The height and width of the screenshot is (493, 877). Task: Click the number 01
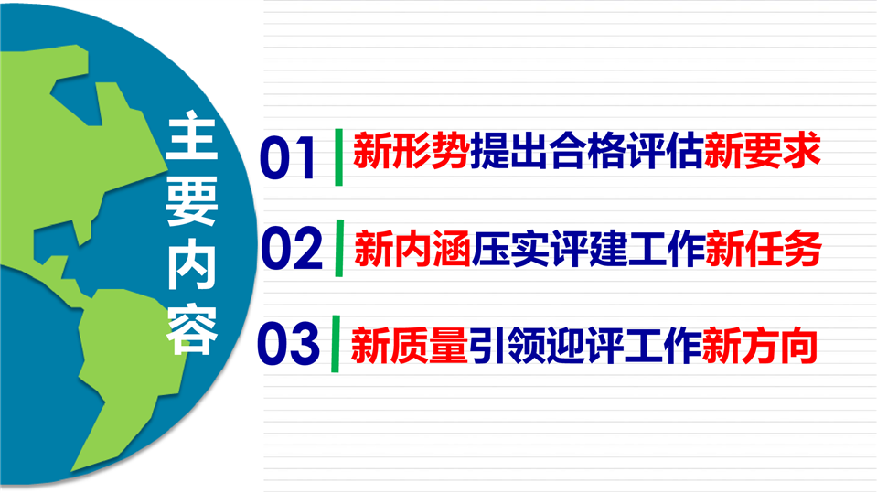click(x=286, y=158)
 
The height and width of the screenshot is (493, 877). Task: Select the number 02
click(x=292, y=249)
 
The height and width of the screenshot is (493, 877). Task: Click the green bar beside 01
click(x=338, y=156)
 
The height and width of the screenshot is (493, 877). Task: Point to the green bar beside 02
click(x=339, y=248)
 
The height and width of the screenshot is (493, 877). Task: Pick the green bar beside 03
click(x=336, y=344)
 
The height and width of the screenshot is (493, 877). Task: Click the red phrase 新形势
click(x=412, y=151)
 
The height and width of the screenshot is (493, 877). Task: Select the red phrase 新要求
click(x=763, y=150)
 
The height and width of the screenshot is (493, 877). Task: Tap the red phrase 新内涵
click(x=412, y=249)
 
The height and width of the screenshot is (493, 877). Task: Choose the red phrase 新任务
click(x=764, y=248)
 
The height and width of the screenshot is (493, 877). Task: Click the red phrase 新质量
click(x=409, y=346)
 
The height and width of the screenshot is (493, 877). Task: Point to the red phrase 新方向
click(x=760, y=345)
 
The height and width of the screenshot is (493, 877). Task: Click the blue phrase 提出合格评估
click(x=587, y=151)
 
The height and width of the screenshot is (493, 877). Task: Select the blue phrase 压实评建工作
click(x=588, y=249)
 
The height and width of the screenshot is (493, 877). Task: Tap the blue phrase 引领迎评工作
click(x=584, y=346)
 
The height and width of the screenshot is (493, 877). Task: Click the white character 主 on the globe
click(x=192, y=135)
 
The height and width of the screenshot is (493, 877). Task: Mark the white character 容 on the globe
click(x=192, y=329)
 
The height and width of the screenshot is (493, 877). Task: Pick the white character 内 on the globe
click(x=192, y=264)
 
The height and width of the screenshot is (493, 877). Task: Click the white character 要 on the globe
click(x=192, y=199)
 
